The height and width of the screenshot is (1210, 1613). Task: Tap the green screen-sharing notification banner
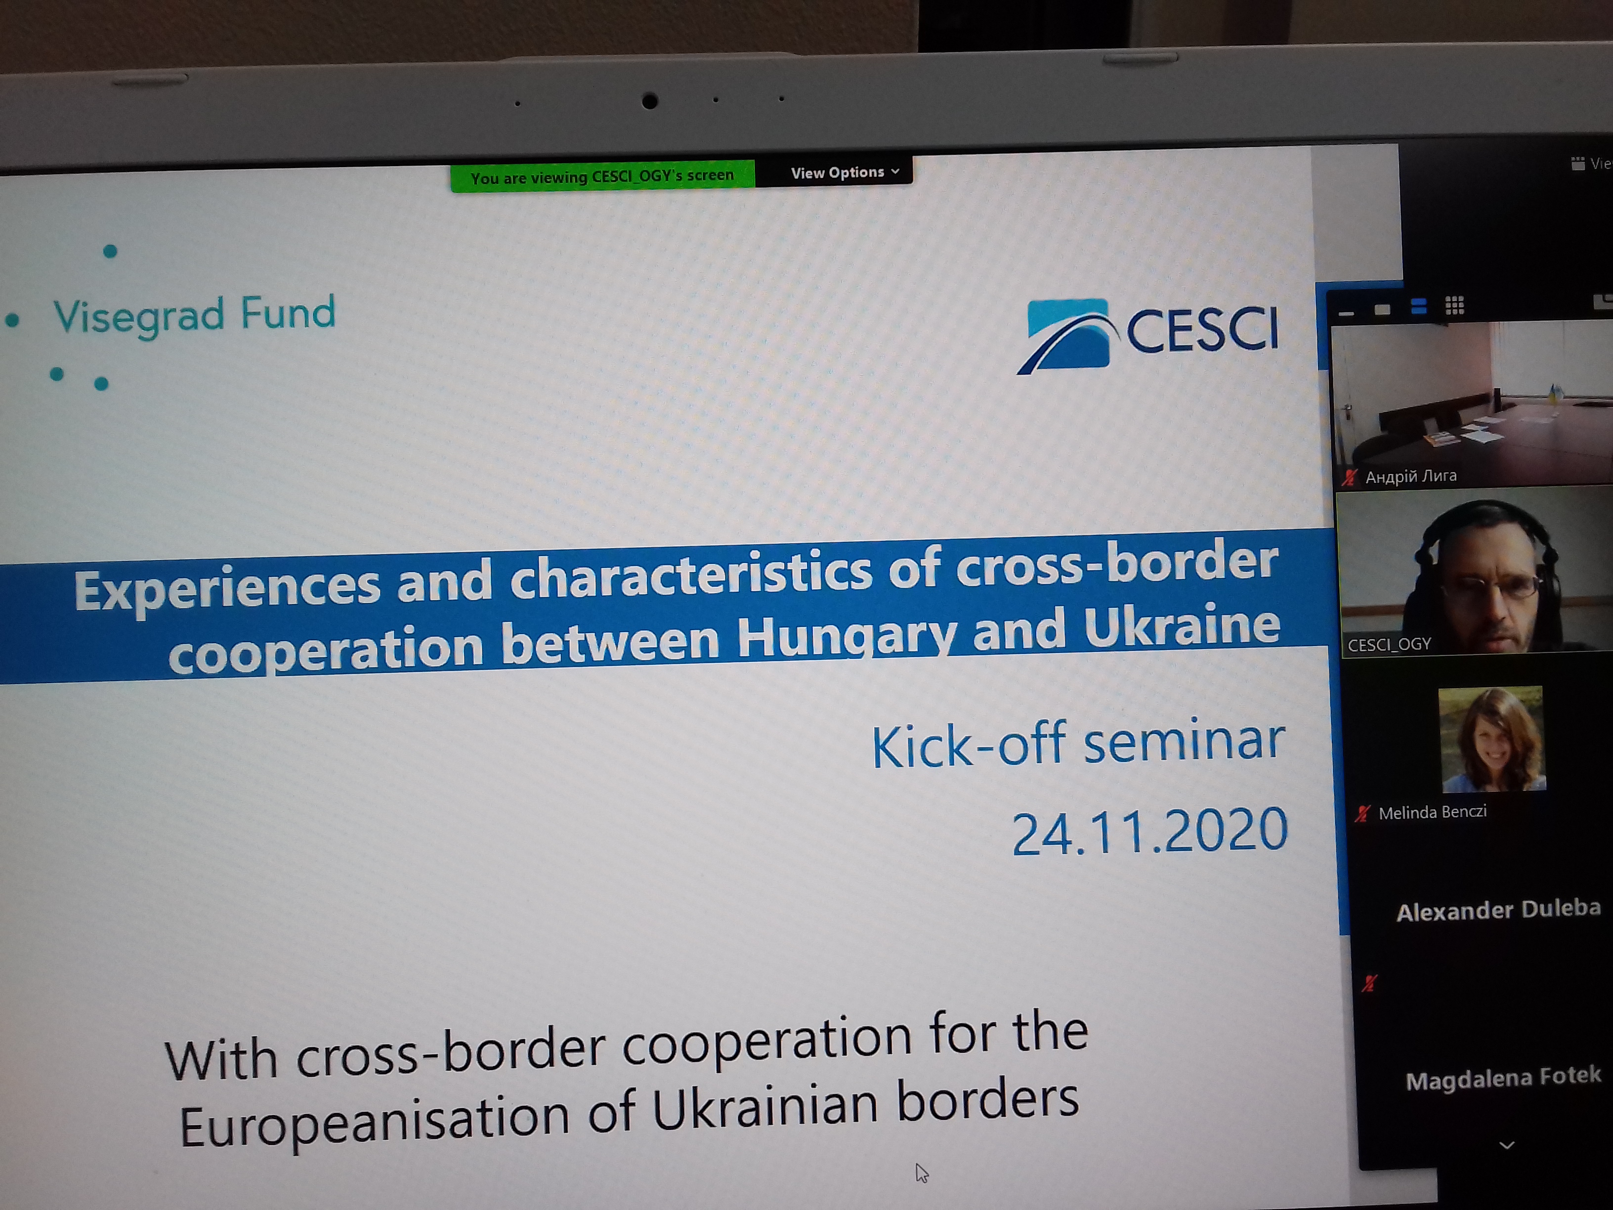(x=602, y=176)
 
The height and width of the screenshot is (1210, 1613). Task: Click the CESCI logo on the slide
(x=1148, y=335)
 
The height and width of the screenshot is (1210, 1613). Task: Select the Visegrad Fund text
(x=194, y=315)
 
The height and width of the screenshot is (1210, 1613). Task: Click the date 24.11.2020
(x=1150, y=831)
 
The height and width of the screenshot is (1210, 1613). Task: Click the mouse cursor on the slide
(x=922, y=1173)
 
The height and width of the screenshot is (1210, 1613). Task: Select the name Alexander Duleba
(x=1498, y=909)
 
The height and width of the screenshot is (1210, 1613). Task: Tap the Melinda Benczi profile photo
(x=1492, y=739)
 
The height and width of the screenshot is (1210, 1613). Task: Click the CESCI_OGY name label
(x=1389, y=645)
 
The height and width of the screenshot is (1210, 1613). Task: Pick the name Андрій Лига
(x=1411, y=476)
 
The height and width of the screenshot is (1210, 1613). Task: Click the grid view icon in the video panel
(x=1455, y=305)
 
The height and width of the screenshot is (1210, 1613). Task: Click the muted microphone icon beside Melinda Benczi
(x=1362, y=813)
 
